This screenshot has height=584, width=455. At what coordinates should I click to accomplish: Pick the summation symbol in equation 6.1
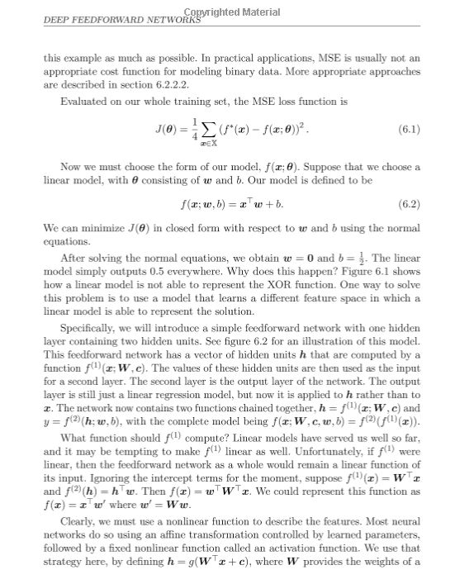pyautogui.click(x=203, y=131)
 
